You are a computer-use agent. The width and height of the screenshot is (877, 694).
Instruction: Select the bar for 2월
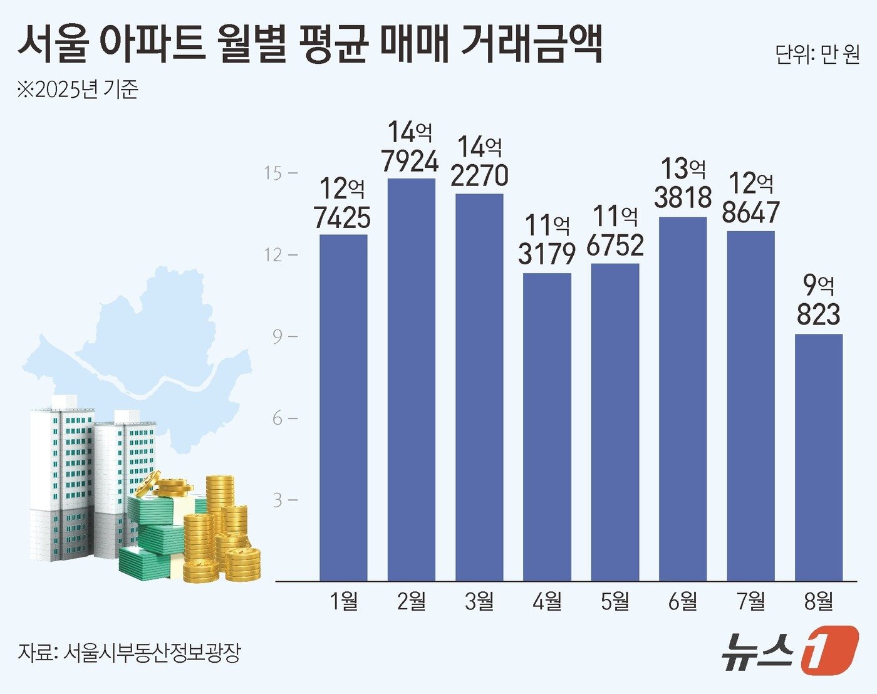[x=411, y=380]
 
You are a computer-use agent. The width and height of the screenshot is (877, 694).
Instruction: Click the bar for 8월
[x=818, y=457]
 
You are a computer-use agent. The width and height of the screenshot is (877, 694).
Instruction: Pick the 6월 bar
[x=683, y=399]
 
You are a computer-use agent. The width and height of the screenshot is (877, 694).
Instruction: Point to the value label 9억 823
[x=818, y=301]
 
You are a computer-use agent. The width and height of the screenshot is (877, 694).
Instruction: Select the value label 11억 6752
[x=615, y=231]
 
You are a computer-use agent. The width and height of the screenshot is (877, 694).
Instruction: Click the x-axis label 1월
[x=343, y=602]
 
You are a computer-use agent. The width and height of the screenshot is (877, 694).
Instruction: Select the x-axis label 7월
[x=750, y=602]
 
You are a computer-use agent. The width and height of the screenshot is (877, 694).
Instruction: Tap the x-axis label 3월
[x=479, y=602]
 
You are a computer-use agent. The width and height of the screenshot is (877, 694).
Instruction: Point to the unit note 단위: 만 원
[x=817, y=55]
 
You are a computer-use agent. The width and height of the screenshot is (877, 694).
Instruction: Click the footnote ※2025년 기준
[x=78, y=90]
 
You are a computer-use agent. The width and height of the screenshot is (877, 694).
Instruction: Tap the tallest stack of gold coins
[x=220, y=495]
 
